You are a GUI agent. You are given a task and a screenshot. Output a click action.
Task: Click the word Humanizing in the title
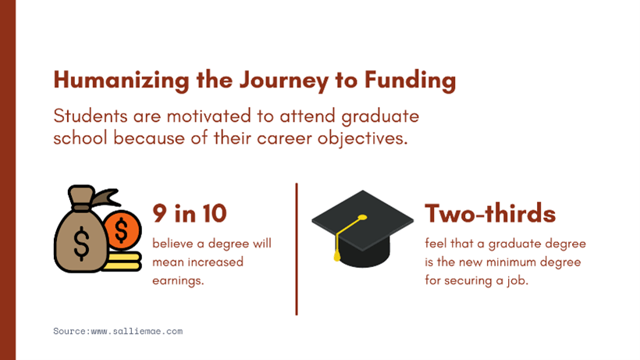pyautogui.click(x=121, y=80)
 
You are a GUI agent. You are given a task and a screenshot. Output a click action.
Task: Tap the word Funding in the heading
pyautogui.click(x=410, y=80)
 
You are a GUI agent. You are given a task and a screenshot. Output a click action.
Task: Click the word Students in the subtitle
pyautogui.click(x=91, y=116)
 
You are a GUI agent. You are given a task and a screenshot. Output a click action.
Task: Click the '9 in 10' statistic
pyautogui.click(x=190, y=213)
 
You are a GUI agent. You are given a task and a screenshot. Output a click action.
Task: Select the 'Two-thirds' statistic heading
pyautogui.click(x=490, y=213)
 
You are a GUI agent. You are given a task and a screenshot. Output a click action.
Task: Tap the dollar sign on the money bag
pyautogui.click(x=81, y=244)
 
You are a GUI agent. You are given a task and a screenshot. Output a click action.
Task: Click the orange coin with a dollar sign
pyautogui.click(x=122, y=230)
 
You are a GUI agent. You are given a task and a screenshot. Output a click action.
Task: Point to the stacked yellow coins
pyautogui.click(x=123, y=262)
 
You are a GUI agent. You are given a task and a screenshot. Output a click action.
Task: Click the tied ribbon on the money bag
pyautogui.click(x=105, y=198)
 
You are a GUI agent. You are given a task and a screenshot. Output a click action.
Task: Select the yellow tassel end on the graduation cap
pyautogui.click(x=337, y=255)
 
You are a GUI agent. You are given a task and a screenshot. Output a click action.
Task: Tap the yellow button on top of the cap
pyautogui.click(x=362, y=218)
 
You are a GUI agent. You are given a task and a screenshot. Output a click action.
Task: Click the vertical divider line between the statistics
pyautogui.click(x=297, y=249)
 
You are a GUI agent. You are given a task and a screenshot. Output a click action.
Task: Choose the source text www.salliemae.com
pyautogui.click(x=137, y=331)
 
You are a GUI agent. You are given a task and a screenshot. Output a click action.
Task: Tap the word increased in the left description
pyautogui.click(x=215, y=262)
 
